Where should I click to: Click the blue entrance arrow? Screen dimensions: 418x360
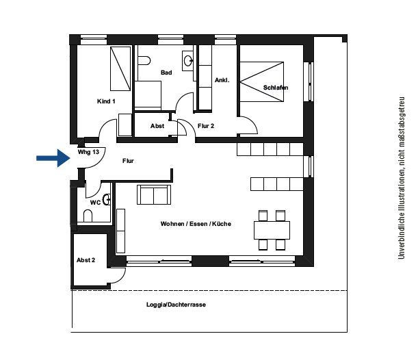click(53, 158)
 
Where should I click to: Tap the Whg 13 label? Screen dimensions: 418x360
click(88, 152)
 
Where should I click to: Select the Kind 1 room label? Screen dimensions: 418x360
click(106, 101)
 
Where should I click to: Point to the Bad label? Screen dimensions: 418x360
click(166, 73)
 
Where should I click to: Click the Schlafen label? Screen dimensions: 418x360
click(276, 88)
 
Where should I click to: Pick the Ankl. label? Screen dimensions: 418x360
click(222, 80)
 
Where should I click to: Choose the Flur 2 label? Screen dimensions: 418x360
click(206, 126)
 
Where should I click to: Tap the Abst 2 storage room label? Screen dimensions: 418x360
click(86, 260)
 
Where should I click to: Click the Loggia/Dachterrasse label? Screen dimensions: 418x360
click(176, 305)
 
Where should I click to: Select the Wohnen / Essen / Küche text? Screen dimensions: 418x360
click(196, 224)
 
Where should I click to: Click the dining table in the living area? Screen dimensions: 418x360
click(272, 230)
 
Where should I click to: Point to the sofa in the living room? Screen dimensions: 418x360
click(154, 194)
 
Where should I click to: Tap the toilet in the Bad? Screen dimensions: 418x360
click(144, 60)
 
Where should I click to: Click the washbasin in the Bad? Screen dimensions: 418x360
click(188, 61)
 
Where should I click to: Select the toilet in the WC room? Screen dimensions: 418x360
click(88, 216)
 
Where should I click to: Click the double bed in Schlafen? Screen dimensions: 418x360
click(261, 81)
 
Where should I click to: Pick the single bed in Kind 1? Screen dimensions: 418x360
click(120, 69)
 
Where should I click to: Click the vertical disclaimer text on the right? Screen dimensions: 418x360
click(401, 178)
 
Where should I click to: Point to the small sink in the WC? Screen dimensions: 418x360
click(107, 199)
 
